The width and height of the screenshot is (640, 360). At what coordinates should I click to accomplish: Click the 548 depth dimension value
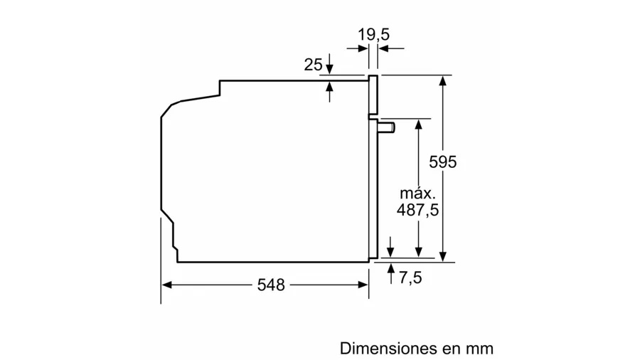[271, 285]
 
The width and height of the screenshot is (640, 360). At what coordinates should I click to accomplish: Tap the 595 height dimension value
[443, 162]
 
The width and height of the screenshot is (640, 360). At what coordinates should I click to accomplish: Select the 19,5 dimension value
[373, 35]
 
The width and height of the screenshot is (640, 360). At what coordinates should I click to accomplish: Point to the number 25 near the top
[313, 65]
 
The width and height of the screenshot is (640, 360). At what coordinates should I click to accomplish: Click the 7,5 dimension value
[410, 278]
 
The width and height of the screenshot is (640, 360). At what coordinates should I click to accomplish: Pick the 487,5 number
[417, 210]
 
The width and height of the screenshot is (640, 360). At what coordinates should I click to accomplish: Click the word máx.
[417, 193]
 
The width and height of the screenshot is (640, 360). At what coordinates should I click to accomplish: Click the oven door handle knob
[387, 127]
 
